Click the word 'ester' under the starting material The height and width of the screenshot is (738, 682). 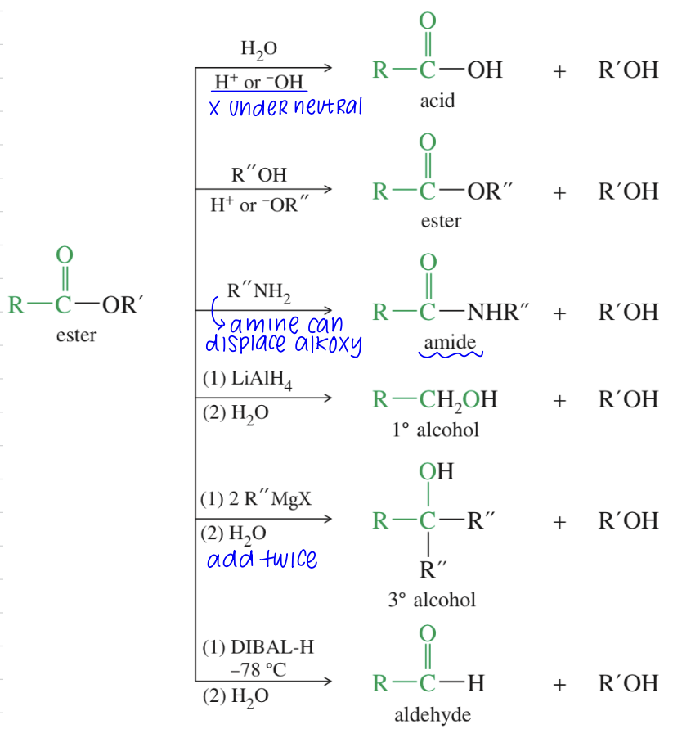[76, 335]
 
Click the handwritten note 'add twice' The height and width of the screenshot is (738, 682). [262, 560]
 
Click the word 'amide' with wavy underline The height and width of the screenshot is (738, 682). [450, 342]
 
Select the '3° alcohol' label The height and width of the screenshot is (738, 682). [432, 600]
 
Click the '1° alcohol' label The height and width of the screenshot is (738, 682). [435, 430]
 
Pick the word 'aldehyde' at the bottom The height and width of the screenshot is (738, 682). [433, 715]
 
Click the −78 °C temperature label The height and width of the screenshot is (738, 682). [258, 668]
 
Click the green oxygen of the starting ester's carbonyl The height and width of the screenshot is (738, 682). [64, 254]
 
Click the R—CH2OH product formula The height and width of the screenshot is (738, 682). [434, 399]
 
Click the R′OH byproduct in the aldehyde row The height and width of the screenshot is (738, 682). [628, 683]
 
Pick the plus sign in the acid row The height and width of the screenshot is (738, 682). [559, 71]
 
